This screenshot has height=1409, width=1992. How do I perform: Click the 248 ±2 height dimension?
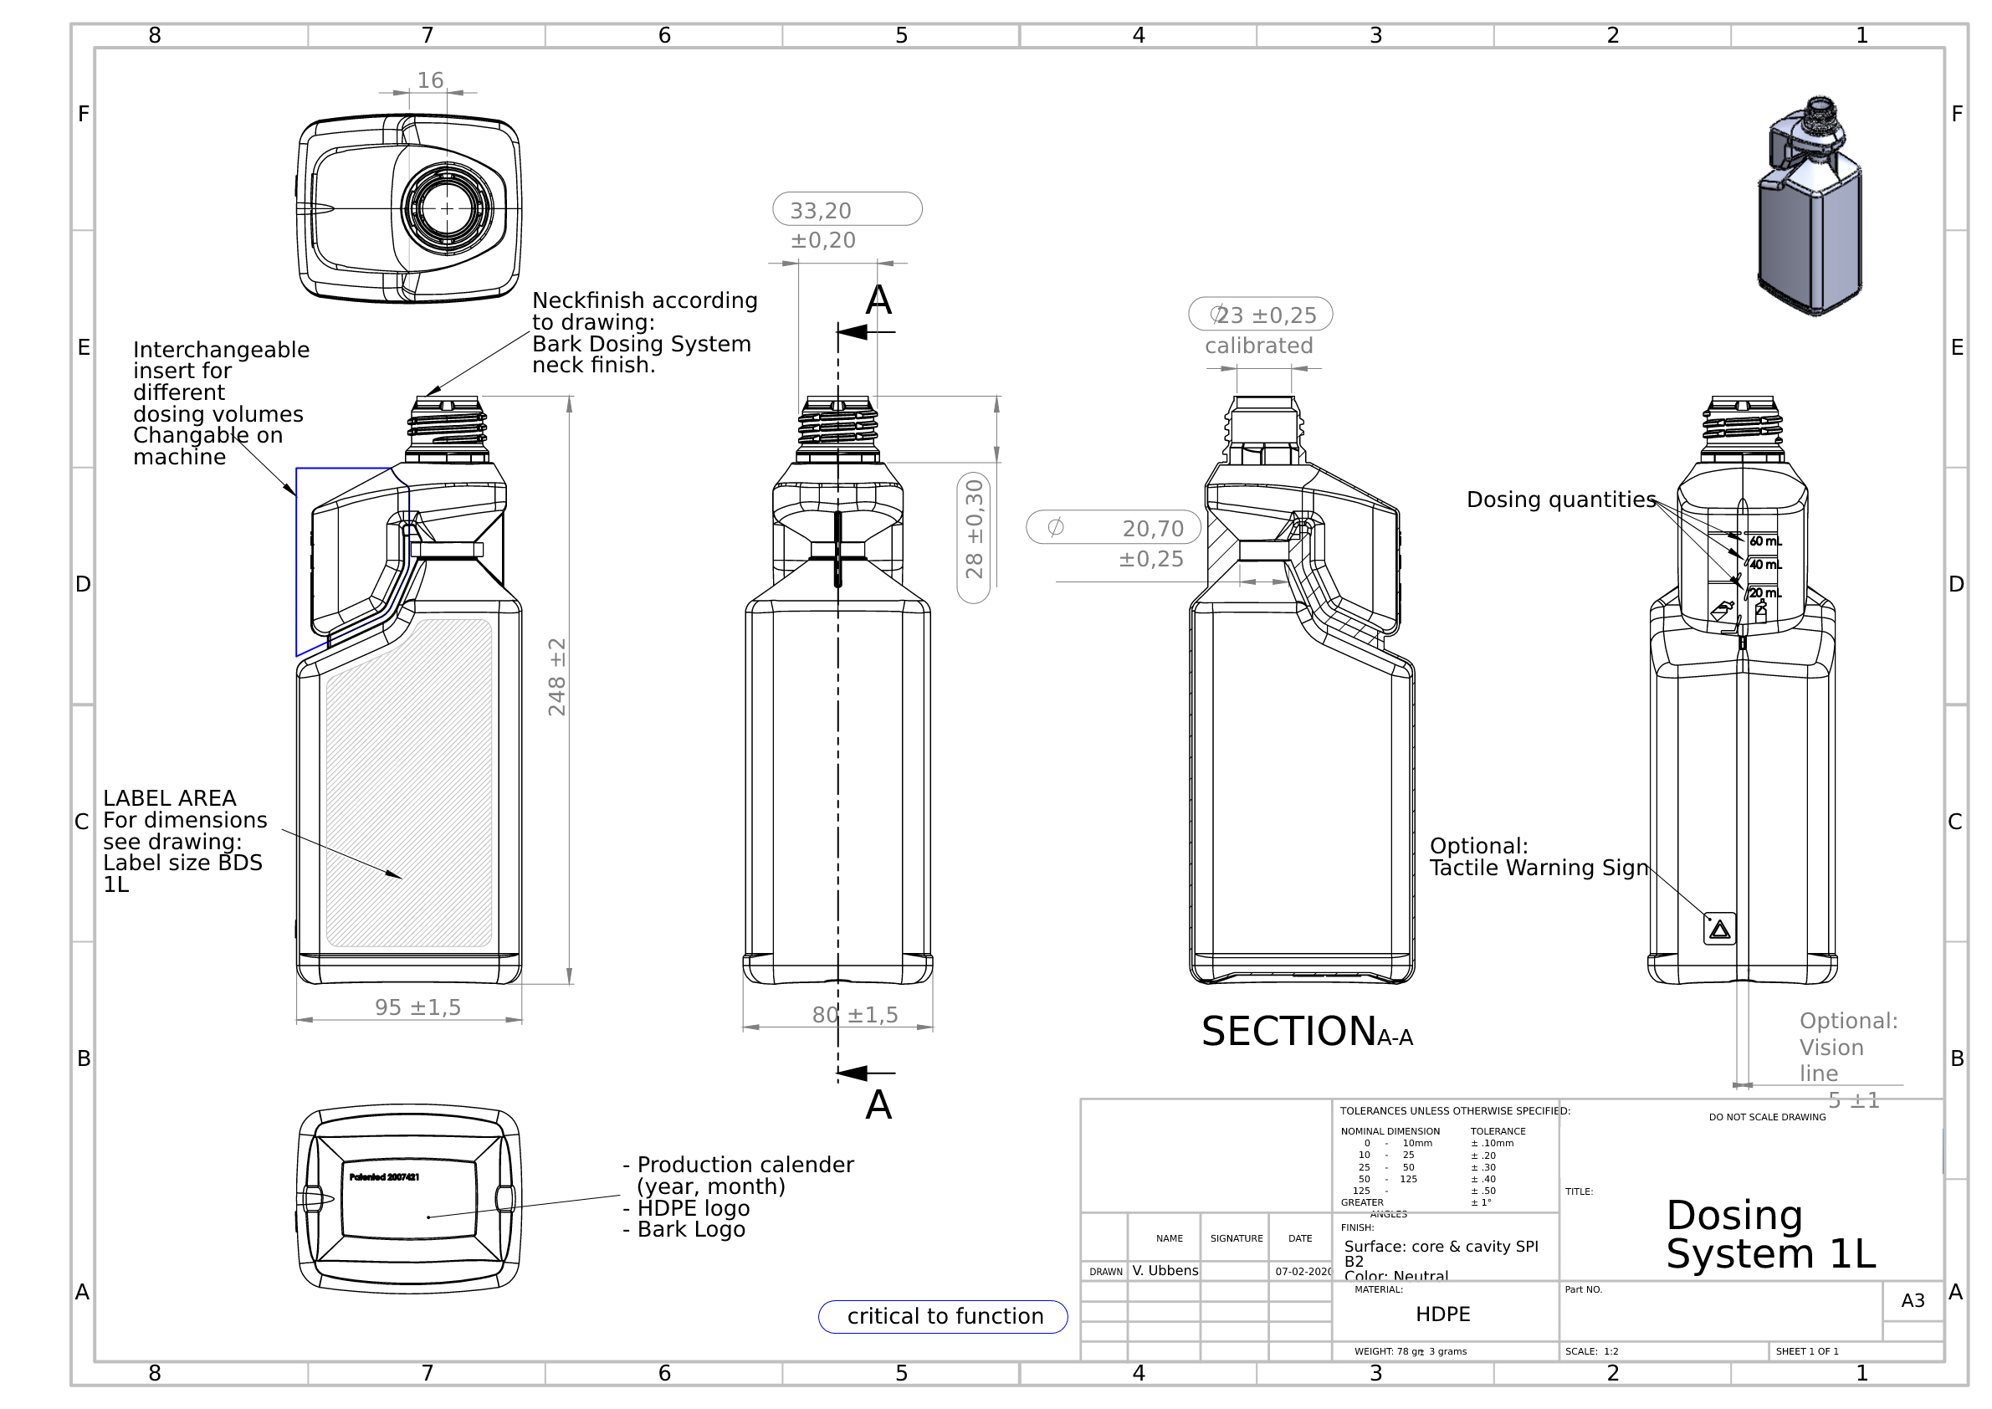[557, 678]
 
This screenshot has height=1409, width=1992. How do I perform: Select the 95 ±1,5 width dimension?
[417, 1007]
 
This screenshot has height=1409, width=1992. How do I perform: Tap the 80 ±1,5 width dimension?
[854, 1014]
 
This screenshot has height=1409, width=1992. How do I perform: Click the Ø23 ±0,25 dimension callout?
[1260, 315]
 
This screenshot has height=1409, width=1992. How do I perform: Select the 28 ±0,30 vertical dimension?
[974, 530]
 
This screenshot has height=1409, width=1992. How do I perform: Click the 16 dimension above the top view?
[430, 80]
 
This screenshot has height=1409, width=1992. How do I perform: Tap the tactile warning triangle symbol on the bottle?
[1719, 930]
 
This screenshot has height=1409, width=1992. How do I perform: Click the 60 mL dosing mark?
[1764, 541]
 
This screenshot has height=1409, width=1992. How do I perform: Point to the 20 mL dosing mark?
[1764, 593]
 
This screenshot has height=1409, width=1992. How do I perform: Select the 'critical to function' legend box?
[943, 1316]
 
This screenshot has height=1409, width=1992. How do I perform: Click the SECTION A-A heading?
[1307, 1032]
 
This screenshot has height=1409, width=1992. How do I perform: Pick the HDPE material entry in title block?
[1442, 1314]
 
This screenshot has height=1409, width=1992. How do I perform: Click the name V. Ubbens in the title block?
[1165, 1271]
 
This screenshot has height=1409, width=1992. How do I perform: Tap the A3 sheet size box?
[1913, 1300]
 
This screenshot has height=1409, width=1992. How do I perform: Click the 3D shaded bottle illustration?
[1810, 208]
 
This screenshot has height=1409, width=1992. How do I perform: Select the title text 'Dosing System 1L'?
[1770, 1235]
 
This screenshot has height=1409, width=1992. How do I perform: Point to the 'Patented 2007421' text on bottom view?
[384, 1177]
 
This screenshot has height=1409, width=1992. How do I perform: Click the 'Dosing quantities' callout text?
[1561, 500]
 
